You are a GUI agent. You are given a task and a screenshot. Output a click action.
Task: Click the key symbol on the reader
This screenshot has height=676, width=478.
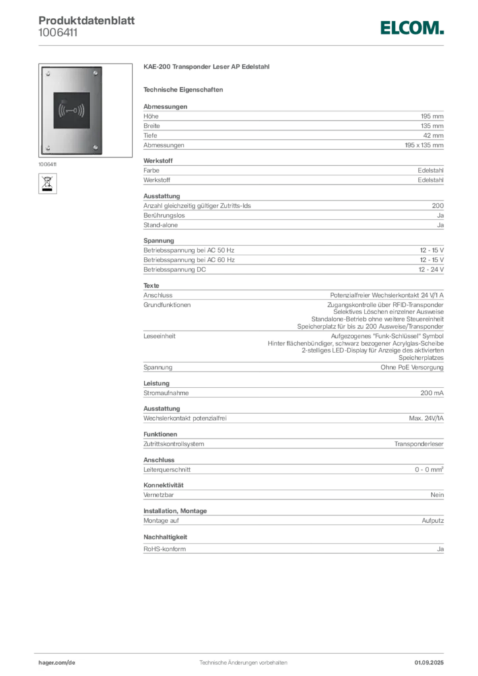point(71,110)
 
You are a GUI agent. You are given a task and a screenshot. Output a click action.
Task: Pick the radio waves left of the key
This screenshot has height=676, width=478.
point(61,110)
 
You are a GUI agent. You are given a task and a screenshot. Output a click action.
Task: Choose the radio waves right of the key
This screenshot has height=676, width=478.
point(82,110)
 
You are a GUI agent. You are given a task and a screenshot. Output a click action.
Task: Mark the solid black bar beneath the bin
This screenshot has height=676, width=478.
point(48,190)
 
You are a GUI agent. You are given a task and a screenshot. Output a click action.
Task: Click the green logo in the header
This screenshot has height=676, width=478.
point(412,28)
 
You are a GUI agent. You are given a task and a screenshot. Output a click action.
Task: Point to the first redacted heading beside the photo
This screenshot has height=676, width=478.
point(208,68)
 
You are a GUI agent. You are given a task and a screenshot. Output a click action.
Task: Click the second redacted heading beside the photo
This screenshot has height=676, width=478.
point(185,89)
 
